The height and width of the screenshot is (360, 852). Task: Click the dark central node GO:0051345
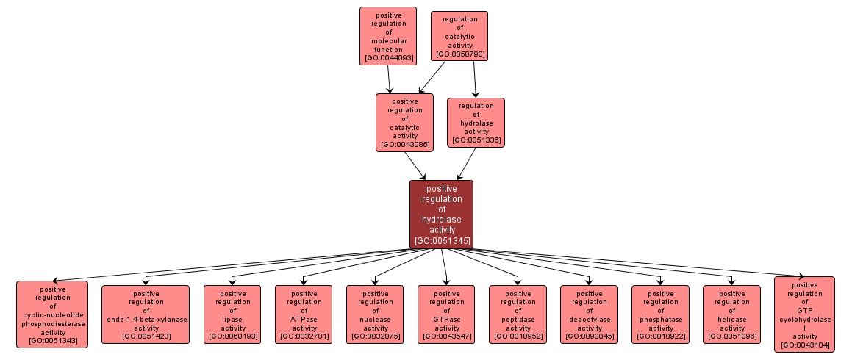pyautogui.click(x=441, y=214)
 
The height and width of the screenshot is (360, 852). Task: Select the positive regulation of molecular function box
pyautogui.click(x=387, y=36)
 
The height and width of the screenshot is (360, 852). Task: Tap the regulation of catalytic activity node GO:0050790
pyautogui.click(x=459, y=35)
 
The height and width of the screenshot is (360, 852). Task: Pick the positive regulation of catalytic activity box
pyautogui.click(x=404, y=122)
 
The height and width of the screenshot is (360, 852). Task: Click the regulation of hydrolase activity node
pyautogui.click(x=476, y=122)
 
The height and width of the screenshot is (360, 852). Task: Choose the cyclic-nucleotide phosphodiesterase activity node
pyautogui.click(x=52, y=314)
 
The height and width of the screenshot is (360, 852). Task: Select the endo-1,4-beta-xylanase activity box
pyautogui.click(x=145, y=314)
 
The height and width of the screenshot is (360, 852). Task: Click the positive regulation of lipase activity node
pyautogui.click(x=232, y=314)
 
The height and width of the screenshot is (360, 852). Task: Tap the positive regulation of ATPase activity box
pyautogui.click(x=303, y=314)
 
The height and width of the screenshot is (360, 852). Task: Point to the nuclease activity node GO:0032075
pyautogui.click(x=374, y=314)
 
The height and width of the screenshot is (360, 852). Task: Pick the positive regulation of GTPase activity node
pyautogui.click(x=445, y=314)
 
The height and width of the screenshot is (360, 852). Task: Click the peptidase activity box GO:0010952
pyautogui.click(x=518, y=314)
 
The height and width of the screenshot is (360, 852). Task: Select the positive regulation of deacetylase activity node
pyautogui.click(x=589, y=314)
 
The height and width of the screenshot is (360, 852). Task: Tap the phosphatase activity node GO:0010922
pyautogui.click(x=660, y=314)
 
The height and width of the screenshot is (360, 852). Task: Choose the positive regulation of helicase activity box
pyautogui.click(x=731, y=314)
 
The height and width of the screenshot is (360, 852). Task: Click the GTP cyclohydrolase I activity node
pyautogui.click(x=804, y=314)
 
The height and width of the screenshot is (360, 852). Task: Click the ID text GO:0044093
pyautogui.click(x=387, y=57)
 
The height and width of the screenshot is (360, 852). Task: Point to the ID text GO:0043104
pyautogui.click(x=804, y=345)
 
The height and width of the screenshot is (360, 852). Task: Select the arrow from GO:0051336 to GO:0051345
pyautogui.click(x=468, y=164)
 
